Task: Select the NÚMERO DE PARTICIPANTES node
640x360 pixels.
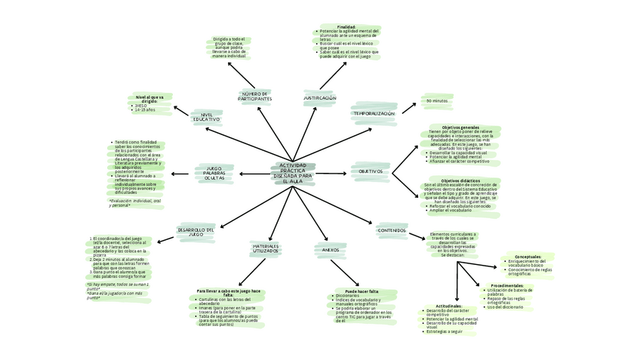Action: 254,97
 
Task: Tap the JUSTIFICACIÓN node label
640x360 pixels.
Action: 320,98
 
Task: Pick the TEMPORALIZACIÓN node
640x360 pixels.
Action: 374,113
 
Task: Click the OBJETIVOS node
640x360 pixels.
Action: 371,171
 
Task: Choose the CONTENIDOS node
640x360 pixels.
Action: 392,230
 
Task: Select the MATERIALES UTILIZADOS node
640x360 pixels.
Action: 266,248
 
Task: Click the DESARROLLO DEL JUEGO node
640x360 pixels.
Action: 196,231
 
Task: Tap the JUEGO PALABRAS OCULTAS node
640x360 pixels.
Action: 214,174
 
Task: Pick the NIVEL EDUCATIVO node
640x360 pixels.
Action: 205,116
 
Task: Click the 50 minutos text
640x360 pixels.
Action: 437,100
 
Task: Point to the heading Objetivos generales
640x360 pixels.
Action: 460,127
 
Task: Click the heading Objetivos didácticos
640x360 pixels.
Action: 460,180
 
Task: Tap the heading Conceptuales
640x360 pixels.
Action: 522,257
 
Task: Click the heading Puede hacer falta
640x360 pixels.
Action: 362,291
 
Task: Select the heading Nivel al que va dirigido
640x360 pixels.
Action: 149,99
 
